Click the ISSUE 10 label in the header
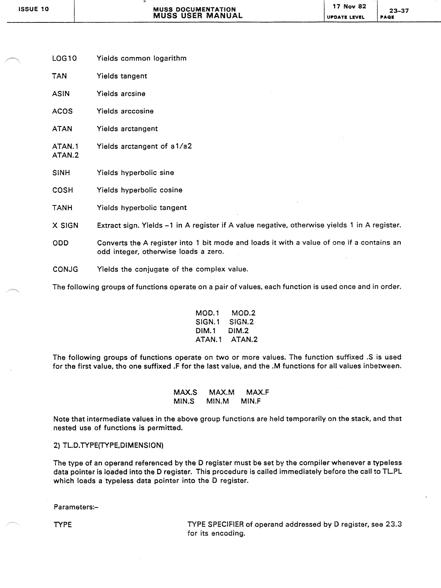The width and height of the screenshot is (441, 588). [33, 9]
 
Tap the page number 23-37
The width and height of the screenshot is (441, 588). [399, 11]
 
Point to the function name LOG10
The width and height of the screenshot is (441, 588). [64, 58]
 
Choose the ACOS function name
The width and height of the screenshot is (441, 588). [62, 111]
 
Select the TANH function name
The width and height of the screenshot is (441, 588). [62, 208]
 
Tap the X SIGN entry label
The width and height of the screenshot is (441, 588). [65, 225]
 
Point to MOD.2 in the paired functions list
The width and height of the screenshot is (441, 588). [243, 313]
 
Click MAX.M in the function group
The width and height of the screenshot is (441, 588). [221, 392]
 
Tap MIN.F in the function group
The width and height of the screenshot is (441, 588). [250, 401]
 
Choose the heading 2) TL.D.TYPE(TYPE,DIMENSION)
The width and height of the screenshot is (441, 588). [108, 445]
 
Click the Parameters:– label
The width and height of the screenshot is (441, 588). [76, 507]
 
